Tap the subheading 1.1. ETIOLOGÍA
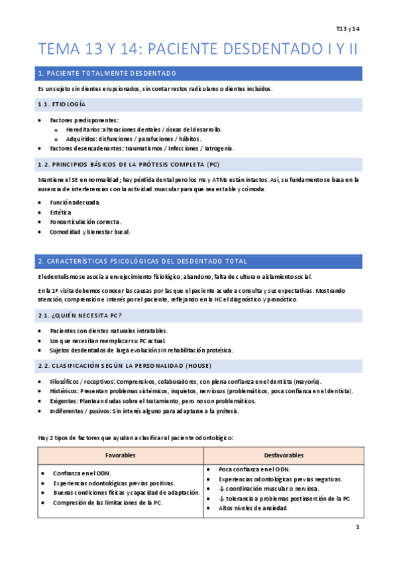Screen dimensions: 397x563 pos(62,104)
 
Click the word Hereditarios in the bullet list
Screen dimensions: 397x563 pos(83,129)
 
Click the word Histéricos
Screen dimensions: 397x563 pos(65,392)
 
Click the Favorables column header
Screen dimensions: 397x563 pos(120,455)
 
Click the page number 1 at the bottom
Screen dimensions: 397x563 pos(357,527)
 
